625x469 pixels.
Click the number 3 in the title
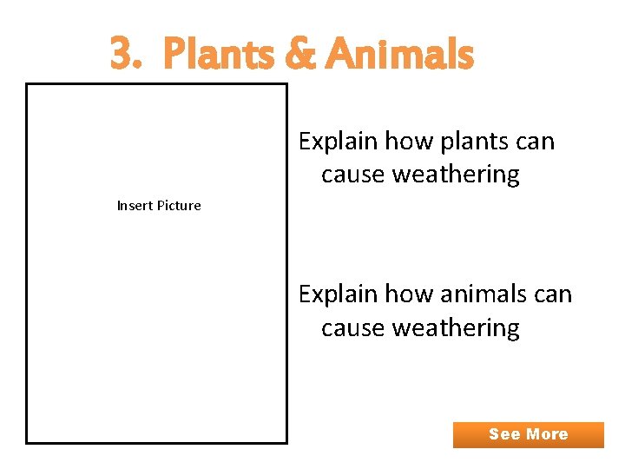point(123,55)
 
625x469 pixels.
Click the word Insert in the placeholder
point(135,206)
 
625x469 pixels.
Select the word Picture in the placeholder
point(178,206)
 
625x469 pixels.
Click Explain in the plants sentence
point(338,142)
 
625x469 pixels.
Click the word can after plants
point(533,142)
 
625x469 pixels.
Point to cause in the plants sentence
point(353,175)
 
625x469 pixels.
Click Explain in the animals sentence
point(338,294)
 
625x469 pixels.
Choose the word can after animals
point(551,294)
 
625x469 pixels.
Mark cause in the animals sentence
point(353,327)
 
